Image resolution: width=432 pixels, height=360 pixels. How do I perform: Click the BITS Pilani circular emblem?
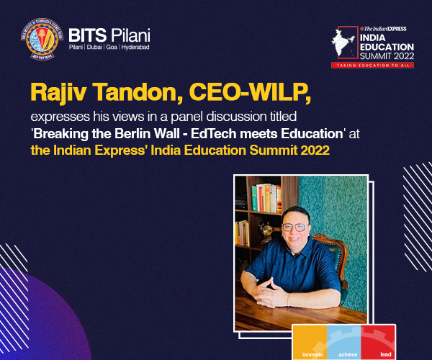(x=42, y=39)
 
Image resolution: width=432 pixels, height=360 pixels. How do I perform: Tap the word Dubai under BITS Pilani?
(x=94, y=47)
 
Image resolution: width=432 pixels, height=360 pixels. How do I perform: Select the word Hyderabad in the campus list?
(x=135, y=47)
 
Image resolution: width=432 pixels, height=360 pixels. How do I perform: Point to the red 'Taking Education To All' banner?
(x=373, y=66)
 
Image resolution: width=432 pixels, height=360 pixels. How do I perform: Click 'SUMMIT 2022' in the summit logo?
(x=387, y=56)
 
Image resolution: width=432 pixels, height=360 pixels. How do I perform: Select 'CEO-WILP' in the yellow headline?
(x=250, y=93)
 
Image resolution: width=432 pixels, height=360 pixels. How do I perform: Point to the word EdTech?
(x=213, y=134)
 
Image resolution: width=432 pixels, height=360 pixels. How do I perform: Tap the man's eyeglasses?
(x=295, y=228)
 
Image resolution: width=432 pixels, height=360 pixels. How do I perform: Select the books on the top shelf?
(x=266, y=198)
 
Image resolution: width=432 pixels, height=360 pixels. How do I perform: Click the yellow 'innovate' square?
(x=310, y=342)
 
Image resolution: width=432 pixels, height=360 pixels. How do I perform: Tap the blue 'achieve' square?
(x=344, y=342)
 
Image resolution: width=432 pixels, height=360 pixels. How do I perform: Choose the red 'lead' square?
(x=378, y=342)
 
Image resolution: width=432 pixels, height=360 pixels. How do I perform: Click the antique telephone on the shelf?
(x=266, y=232)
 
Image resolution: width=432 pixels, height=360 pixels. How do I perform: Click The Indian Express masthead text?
(x=383, y=29)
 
